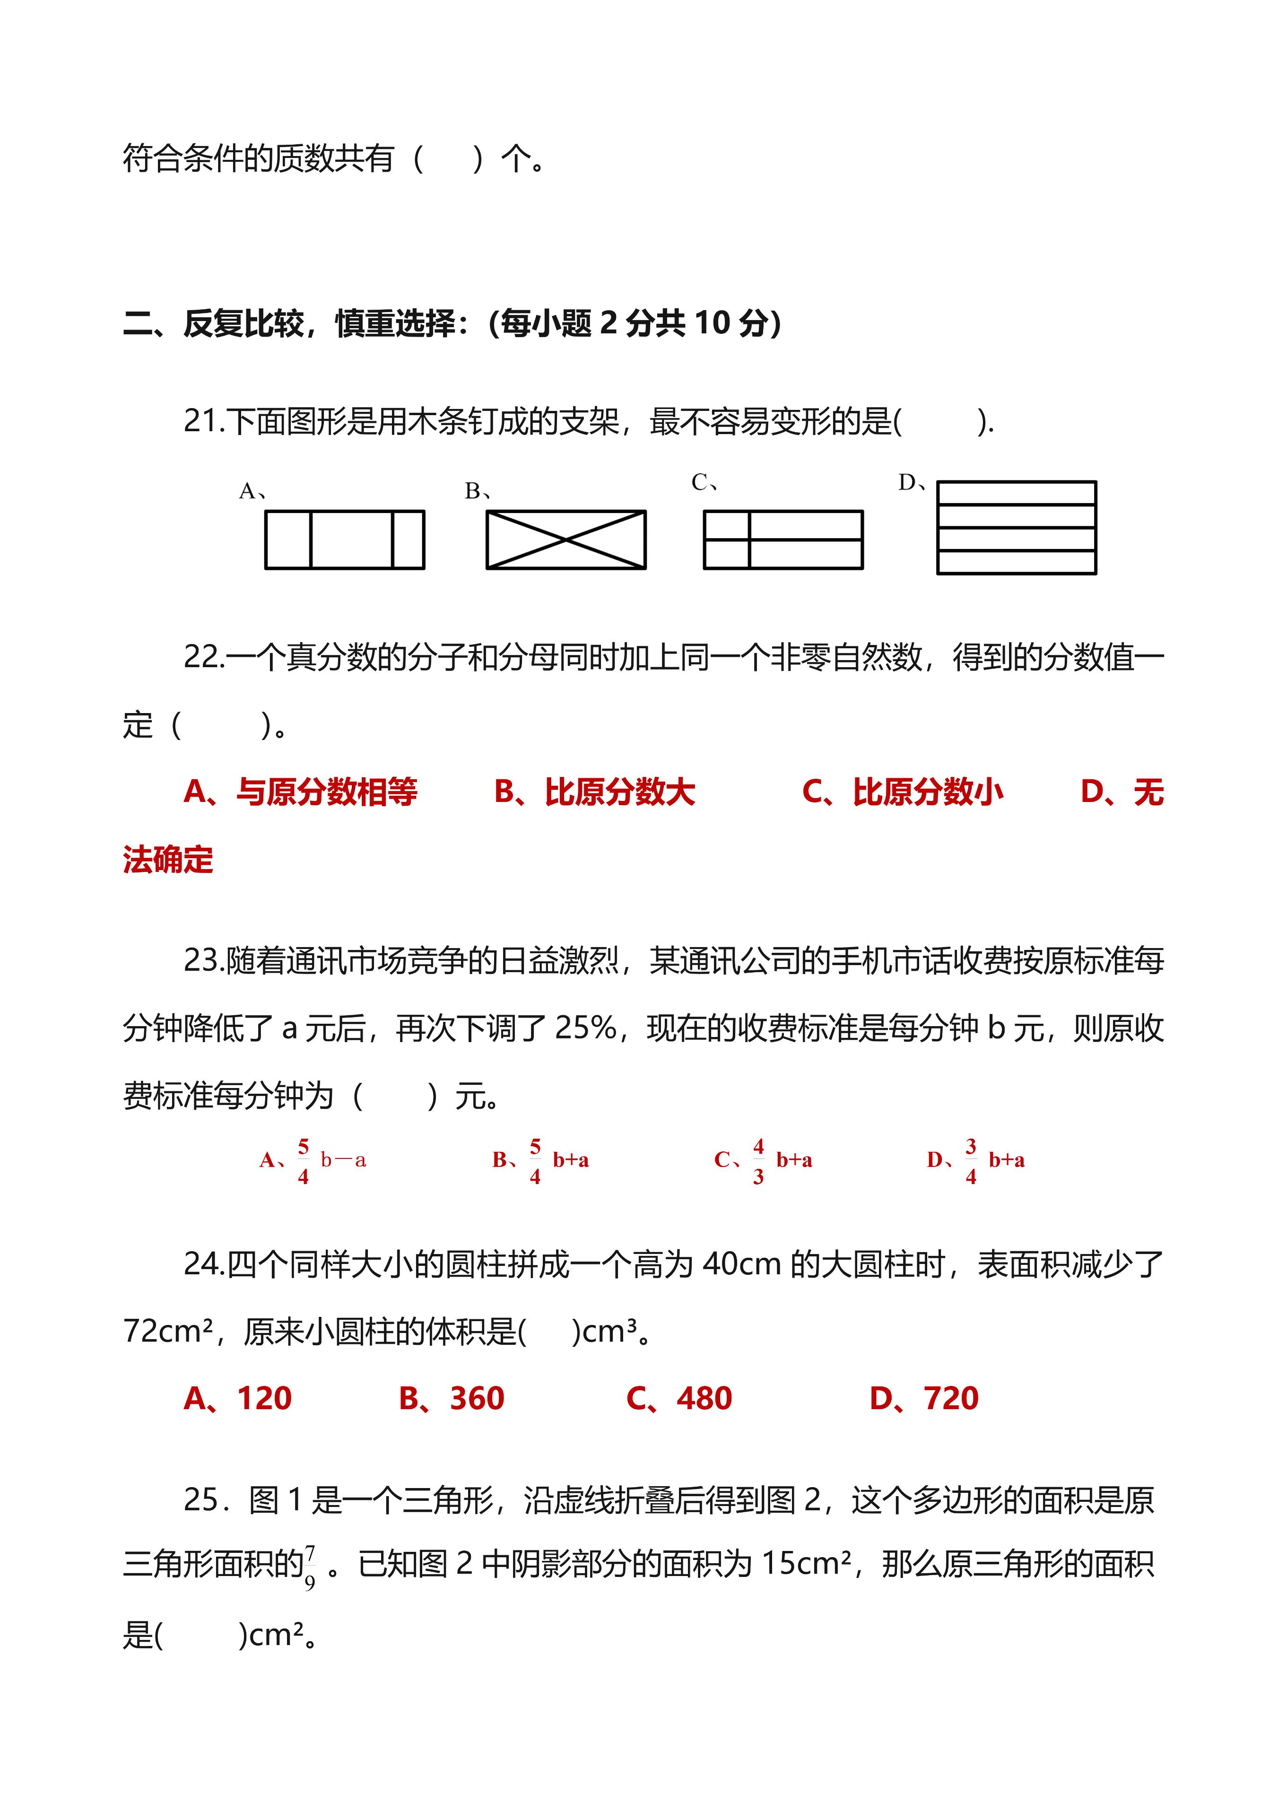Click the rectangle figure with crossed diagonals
pos(566,540)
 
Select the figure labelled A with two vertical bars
pos(345,540)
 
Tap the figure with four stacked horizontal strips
pos(1016,527)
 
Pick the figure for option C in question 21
pos(783,540)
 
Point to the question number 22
pos(203,657)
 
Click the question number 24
pos(203,1264)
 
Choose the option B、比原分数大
pos(594,792)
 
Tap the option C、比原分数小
pos(903,792)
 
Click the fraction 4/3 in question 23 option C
pos(758,1161)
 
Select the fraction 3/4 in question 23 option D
pos(971,1161)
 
